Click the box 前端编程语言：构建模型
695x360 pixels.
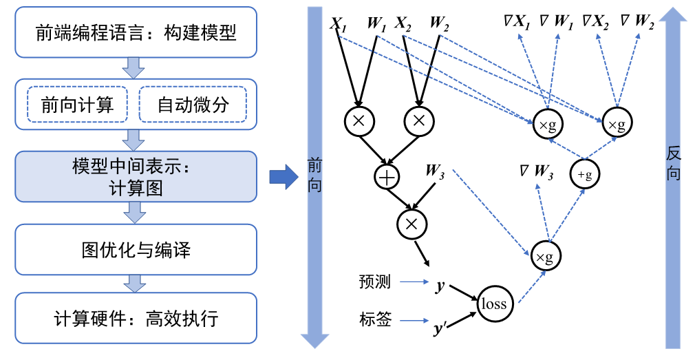pyautogui.click(x=136, y=33)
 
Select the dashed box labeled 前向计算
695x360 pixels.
pyautogui.click(x=76, y=105)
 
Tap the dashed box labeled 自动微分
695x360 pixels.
pyautogui.click(x=192, y=105)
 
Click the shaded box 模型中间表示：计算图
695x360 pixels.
pyautogui.click(x=136, y=178)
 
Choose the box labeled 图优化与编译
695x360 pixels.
pyautogui.click(x=136, y=249)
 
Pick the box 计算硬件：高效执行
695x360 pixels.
pyautogui.click(x=136, y=319)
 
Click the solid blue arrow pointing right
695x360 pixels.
pyautogui.click(x=282, y=178)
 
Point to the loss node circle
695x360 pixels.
pyautogui.click(x=493, y=304)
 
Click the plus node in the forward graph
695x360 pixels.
pyautogui.click(x=387, y=177)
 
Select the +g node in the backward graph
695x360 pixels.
pyautogui.click(x=585, y=175)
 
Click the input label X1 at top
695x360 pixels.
pyautogui.click(x=338, y=23)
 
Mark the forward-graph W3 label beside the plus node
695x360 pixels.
pyautogui.click(x=435, y=170)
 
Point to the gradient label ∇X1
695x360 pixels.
pyautogui.click(x=517, y=23)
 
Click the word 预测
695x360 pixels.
pyautogui.click(x=375, y=282)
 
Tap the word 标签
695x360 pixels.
pyautogui.click(x=375, y=319)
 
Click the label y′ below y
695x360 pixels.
pyautogui.click(x=440, y=330)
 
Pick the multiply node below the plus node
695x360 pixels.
pyautogui.click(x=412, y=222)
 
